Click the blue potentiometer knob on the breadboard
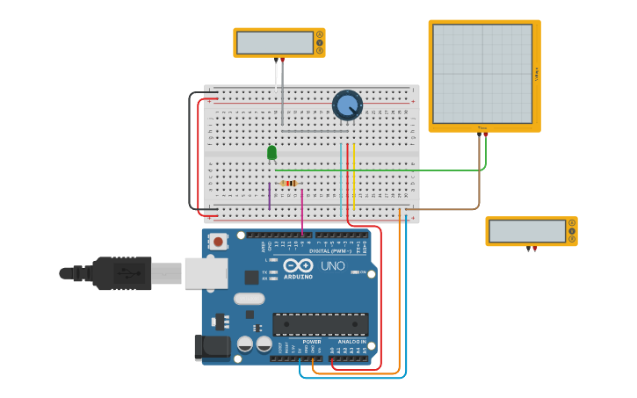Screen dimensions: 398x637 point(347,105)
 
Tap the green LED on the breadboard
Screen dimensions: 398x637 point(271,153)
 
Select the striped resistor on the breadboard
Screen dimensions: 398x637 point(288,184)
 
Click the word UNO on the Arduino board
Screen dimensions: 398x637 point(332,265)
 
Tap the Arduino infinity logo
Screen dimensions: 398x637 point(298,265)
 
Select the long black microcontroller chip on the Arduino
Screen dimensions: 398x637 point(320,324)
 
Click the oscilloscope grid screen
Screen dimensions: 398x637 point(482,74)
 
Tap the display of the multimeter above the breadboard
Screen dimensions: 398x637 point(275,42)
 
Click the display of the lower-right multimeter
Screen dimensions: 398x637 point(527,231)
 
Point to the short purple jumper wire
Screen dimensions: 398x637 point(270,196)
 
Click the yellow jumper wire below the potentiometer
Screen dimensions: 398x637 point(353,176)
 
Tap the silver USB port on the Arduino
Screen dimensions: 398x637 point(206,273)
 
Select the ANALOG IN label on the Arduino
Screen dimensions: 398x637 point(351,342)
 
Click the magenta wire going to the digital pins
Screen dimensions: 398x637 point(302,211)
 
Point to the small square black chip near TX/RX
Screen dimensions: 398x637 point(252,278)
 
